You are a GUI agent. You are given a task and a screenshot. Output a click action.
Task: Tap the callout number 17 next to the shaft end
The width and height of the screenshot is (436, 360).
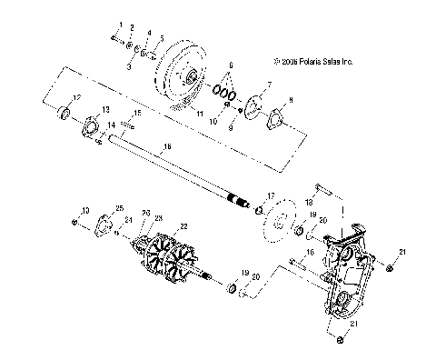(271, 196)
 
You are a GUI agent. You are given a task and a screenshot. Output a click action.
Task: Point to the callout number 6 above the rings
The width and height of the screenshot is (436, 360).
(232, 66)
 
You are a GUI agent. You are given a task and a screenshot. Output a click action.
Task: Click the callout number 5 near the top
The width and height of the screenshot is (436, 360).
(161, 37)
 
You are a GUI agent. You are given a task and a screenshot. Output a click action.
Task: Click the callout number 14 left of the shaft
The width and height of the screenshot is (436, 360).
(112, 124)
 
